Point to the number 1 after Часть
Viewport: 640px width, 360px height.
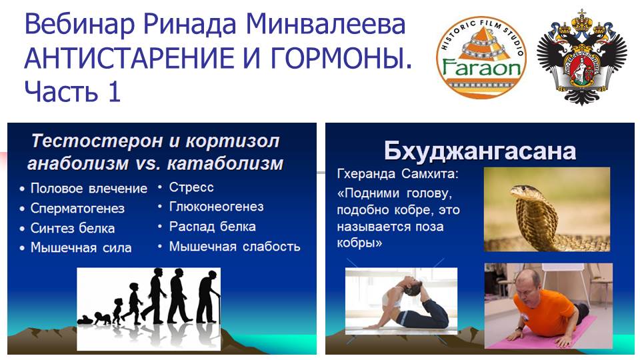click(114, 91)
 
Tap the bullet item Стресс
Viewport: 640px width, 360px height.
click(191, 187)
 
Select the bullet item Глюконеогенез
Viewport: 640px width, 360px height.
click(216, 207)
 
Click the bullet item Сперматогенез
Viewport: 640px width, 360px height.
click(77, 208)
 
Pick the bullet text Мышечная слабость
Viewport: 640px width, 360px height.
click(235, 247)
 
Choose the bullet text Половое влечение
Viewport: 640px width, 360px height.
click(89, 189)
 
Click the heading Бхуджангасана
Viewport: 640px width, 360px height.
click(480, 151)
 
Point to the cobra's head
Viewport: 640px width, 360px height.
click(524, 192)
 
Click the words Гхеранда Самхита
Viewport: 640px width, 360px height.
click(397, 174)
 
